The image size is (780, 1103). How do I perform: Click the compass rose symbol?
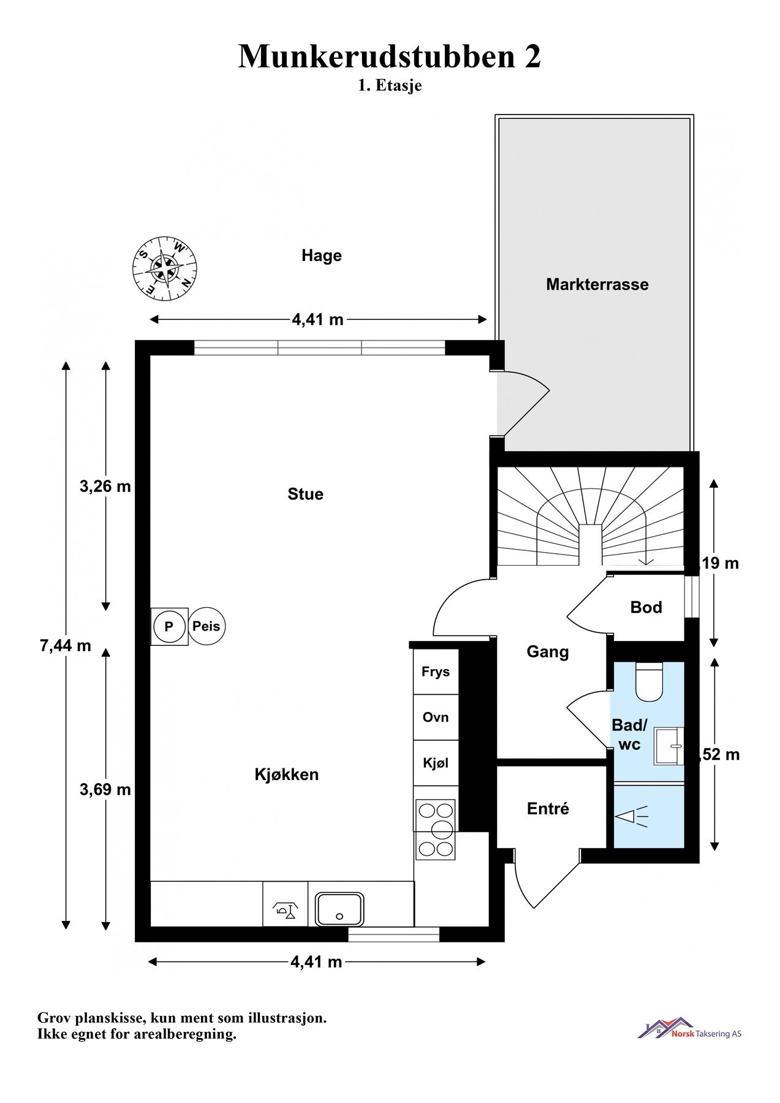pos(165,268)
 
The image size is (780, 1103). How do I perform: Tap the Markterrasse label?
pos(597,284)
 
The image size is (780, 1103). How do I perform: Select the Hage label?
pos(321,256)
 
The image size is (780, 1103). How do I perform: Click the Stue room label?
pos(305,494)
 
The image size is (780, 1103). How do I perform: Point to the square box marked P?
pos(169,626)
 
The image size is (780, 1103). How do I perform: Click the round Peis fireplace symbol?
pos(206,626)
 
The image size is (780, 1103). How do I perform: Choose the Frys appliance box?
pos(436,672)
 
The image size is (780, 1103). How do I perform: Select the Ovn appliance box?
pos(436,717)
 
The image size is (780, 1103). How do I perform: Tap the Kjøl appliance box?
pos(436,763)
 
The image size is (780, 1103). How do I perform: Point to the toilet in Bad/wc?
pos(648,681)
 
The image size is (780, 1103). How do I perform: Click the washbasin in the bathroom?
pos(669,746)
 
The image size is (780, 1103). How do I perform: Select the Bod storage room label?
pos(646,607)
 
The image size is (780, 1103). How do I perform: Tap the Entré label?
pos(548,809)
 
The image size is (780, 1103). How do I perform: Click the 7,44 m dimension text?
pos(66,645)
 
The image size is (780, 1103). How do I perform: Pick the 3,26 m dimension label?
pos(105,487)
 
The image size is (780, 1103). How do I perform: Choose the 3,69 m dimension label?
pos(105,790)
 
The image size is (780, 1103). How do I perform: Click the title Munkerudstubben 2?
pos(390,56)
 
